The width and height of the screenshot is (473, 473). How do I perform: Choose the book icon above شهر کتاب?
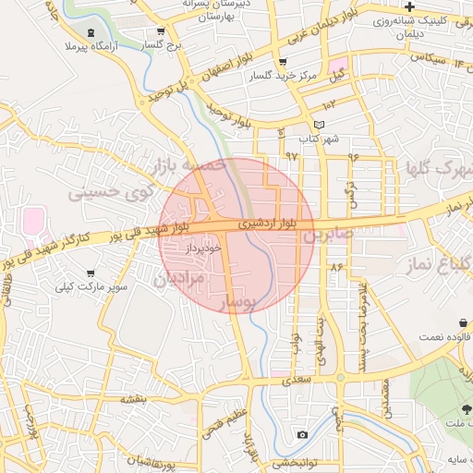320,125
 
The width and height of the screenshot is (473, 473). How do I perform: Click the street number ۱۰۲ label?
329,104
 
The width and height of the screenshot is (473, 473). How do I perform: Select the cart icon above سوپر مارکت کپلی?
91,273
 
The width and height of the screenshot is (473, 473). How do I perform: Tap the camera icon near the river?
302,434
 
